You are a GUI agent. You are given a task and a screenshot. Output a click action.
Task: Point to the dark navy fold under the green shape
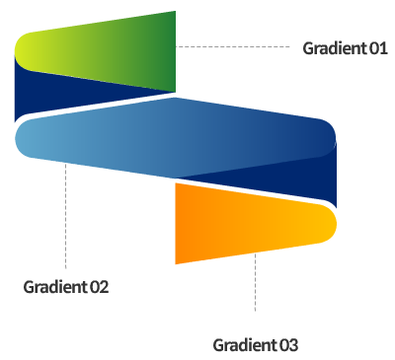pyautogui.click(x=59, y=99)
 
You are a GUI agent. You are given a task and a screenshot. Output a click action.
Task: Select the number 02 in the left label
pyautogui.click(x=98, y=287)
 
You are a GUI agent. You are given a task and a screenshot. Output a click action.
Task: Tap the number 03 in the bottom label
pyautogui.click(x=287, y=344)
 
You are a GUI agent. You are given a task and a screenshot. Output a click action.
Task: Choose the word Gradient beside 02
pyautogui.click(x=54, y=287)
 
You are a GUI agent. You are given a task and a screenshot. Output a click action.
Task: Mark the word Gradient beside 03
pyautogui.click(x=244, y=344)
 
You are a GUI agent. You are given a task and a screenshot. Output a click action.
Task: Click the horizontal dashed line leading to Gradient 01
pyautogui.click(x=237, y=46)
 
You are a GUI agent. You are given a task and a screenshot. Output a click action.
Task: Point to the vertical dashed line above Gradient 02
pyautogui.click(x=65, y=217)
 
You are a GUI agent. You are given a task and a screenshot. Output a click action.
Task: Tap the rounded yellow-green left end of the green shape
pyautogui.click(x=25, y=50)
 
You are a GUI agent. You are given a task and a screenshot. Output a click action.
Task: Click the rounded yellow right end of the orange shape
pyautogui.click(x=328, y=223)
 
